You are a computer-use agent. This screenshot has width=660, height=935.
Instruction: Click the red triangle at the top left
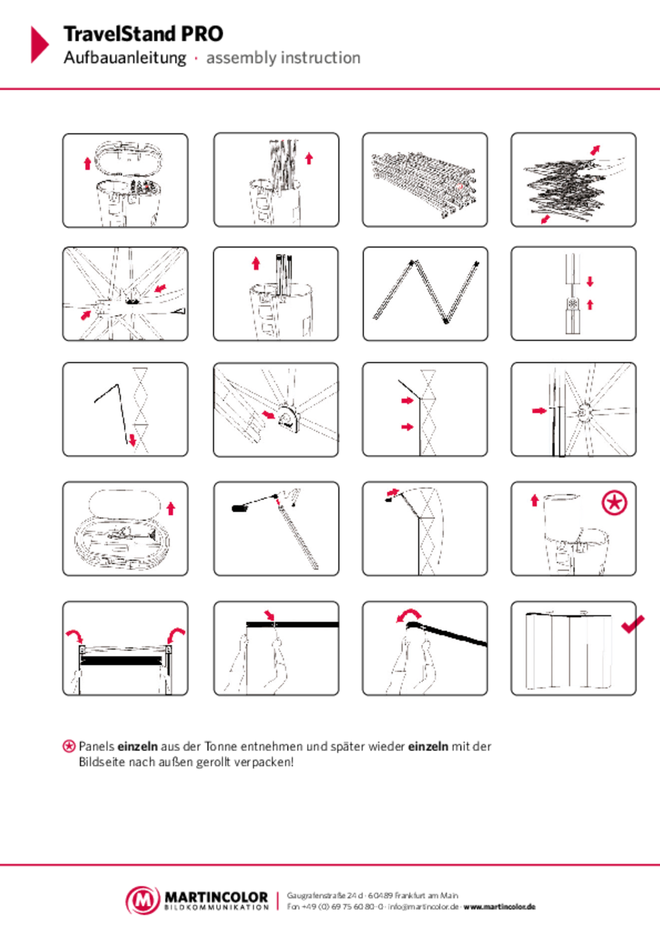[39, 44]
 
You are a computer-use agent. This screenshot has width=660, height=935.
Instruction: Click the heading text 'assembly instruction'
[283, 58]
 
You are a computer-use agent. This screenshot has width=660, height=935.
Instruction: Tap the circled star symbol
[614, 503]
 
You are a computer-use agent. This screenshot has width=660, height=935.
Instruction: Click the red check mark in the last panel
[633, 624]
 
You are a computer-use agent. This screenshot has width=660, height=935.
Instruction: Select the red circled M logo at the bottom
[143, 900]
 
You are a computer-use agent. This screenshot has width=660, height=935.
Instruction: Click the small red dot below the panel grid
[69, 746]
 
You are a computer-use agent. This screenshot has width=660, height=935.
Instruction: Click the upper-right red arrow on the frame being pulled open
[595, 150]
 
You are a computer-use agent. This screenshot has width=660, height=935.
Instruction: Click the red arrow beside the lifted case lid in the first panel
[87, 164]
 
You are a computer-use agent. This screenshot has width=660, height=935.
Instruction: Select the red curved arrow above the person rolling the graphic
[409, 615]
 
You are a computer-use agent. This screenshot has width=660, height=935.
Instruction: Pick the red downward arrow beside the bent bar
[133, 440]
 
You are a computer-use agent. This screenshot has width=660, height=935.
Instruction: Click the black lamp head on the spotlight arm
[239, 508]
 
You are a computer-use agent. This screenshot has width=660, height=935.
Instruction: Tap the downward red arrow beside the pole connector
[590, 282]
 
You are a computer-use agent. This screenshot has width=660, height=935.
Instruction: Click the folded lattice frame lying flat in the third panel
[424, 184]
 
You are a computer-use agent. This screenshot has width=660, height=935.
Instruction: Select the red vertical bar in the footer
[277, 901]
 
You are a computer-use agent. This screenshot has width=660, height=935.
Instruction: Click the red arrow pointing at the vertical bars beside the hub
[539, 411]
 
